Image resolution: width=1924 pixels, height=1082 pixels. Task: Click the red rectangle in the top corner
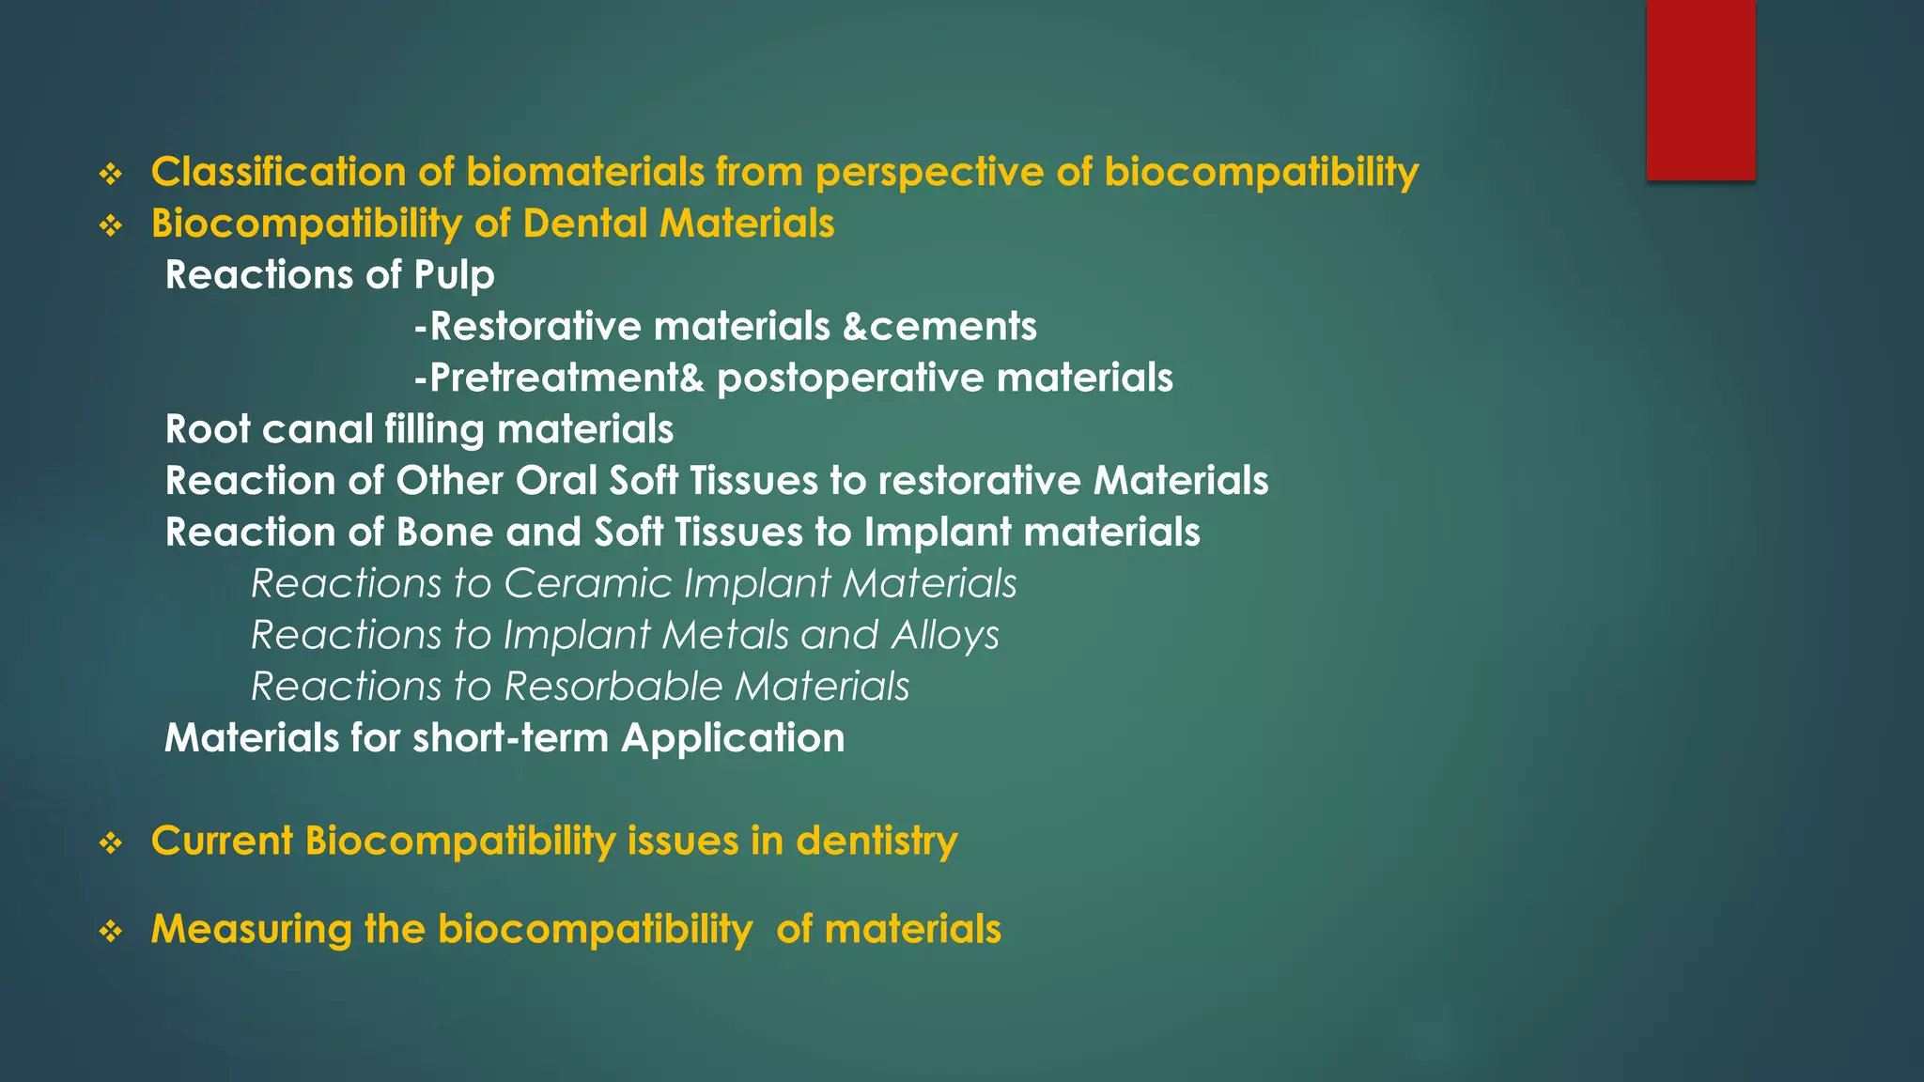[1700, 89]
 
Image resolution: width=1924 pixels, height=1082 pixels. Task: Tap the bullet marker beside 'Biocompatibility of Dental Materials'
[111, 225]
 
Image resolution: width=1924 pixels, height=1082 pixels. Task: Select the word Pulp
[454, 276]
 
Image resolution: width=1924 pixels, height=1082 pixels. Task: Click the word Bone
[444, 533]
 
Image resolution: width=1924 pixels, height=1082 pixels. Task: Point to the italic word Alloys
[945, 636]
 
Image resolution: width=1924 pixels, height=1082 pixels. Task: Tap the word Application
[733, 738]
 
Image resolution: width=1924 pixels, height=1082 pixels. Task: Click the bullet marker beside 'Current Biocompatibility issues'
[111, 842]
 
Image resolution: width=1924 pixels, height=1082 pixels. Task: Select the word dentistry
[877, 841]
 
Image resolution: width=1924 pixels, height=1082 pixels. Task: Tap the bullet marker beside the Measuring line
[111, 932]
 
